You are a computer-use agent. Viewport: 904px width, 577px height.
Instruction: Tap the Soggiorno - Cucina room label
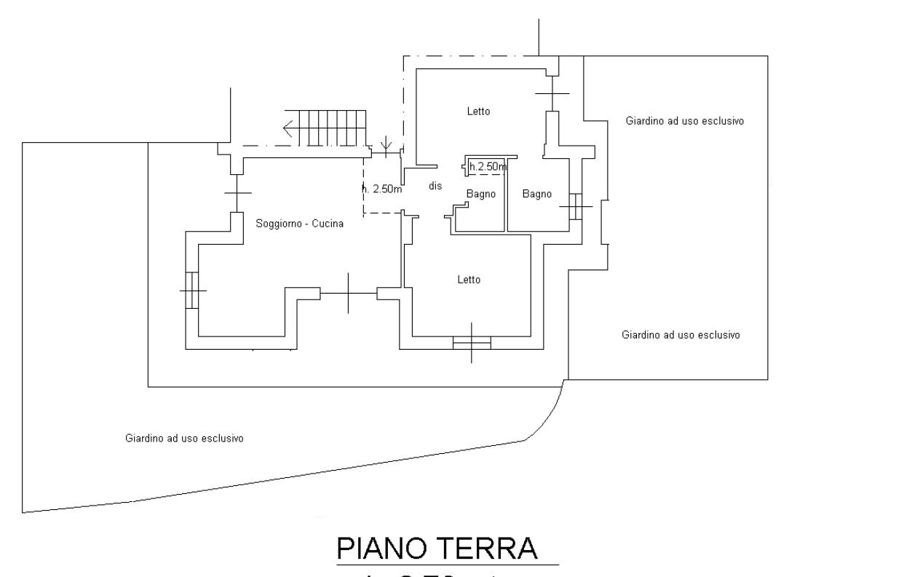[x=299, y=224]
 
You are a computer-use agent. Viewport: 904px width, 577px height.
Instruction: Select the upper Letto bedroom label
[x=478, y=111]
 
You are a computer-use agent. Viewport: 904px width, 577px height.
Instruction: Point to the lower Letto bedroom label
[x=469, y=280]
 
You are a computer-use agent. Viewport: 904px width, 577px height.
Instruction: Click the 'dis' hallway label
[x=435, y=187]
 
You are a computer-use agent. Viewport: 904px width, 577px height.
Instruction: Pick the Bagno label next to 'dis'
[x=480, y=195]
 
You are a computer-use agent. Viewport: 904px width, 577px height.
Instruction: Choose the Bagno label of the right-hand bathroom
[x=536, y=195]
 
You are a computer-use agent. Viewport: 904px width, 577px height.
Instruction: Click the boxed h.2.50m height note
[x=488, y=168]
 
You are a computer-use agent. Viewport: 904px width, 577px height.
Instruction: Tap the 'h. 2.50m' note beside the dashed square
[x=382, y=189]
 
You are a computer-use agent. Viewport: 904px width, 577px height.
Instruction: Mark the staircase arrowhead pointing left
[x=290, y=129]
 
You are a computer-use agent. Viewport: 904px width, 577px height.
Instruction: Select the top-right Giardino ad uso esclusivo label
[x=684, y=122]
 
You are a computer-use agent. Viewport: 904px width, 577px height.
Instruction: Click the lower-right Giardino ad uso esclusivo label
[x=681, y=335]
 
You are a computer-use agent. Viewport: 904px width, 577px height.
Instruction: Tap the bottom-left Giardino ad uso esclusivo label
[x=184, y=439]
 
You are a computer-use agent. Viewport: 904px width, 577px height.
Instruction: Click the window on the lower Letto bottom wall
[x=472, y=342]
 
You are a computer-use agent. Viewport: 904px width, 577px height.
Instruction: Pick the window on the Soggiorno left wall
[x=192, y=290]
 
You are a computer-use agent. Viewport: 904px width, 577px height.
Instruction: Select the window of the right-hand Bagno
[x=576, y=207]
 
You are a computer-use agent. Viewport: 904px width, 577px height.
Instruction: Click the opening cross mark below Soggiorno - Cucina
[x=349, y=293]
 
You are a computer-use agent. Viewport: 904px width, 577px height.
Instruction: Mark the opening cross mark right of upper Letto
[x=552, y=93]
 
